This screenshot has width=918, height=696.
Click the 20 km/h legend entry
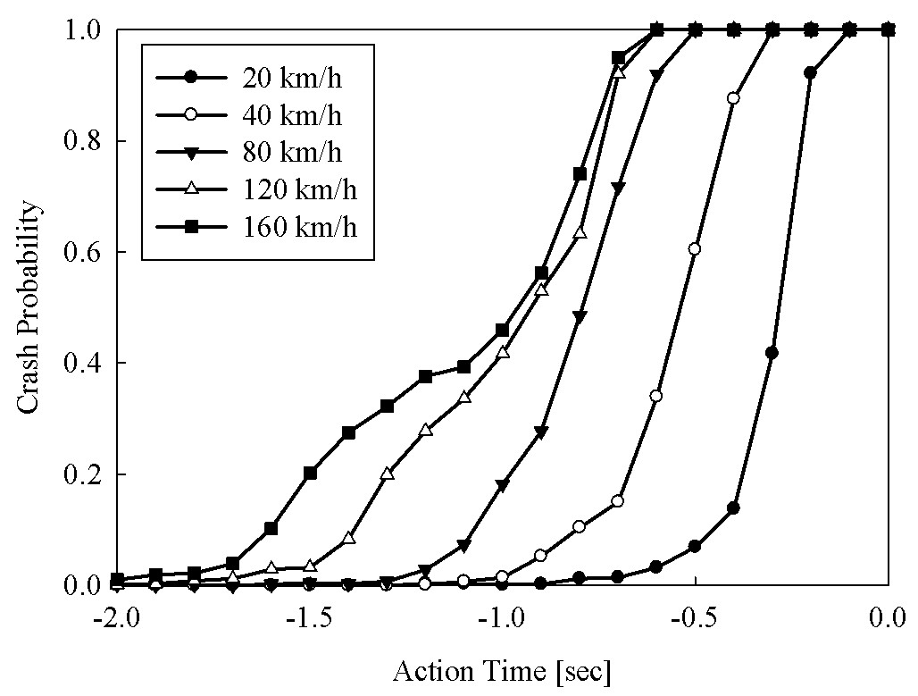click(x=249, y=78)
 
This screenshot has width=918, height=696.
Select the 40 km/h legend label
click(x=292, y=115)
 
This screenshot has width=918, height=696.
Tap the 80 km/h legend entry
click(x=249, y=152)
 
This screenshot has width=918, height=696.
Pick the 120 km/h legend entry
click(x=256, y=189)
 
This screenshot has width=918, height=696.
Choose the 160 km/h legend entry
click(x=256, y=226)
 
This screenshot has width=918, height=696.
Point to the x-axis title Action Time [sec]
click(x=502, y=671)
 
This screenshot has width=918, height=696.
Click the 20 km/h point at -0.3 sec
click(x=772, y=353)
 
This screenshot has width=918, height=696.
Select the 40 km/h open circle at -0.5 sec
click(x=695, y=249)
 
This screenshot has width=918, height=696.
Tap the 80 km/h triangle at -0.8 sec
click(x=580, y=317)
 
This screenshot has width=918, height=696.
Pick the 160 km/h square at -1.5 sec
click(x=310, y=473)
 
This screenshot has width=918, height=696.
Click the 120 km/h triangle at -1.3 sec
click(x=387, y=474)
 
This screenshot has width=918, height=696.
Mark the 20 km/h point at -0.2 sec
click(x=810, y=73)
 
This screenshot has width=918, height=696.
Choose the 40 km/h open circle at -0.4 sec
click(x=733, y=98)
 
